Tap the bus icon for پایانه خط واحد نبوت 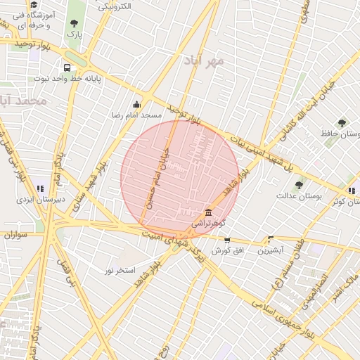pyautogui.click(x=67, y=68)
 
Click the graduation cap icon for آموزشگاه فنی pyautogui.click(x=33, y=6)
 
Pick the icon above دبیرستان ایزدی pyautogui.click(x=40, y=188)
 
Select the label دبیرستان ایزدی pyautogui.click(x=41, y=200)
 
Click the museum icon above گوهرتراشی pyautogui.click(x=207, y=212)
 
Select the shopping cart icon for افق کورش pyautogui.click(x=226, y=240)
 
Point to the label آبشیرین pyautogui.click(x=270, y=250)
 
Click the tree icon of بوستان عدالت pyautogui.click(x=300, y=186)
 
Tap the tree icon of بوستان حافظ pyautogui.click(x=342, y=122)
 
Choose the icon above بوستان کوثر pyautogui.click(x=351, y=191)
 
